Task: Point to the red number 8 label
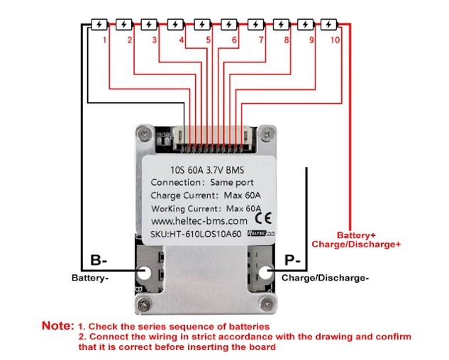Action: click(x=287, y=40)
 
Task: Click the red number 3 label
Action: click(x=155, y=40)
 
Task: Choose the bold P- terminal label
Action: click(x=293, y=260)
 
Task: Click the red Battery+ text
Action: click(x=356, y=235)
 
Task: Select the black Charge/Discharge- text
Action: click(x=325, y=278)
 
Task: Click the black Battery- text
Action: click(x=89, y=278)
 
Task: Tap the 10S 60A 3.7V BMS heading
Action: click(x=205, y=169)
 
